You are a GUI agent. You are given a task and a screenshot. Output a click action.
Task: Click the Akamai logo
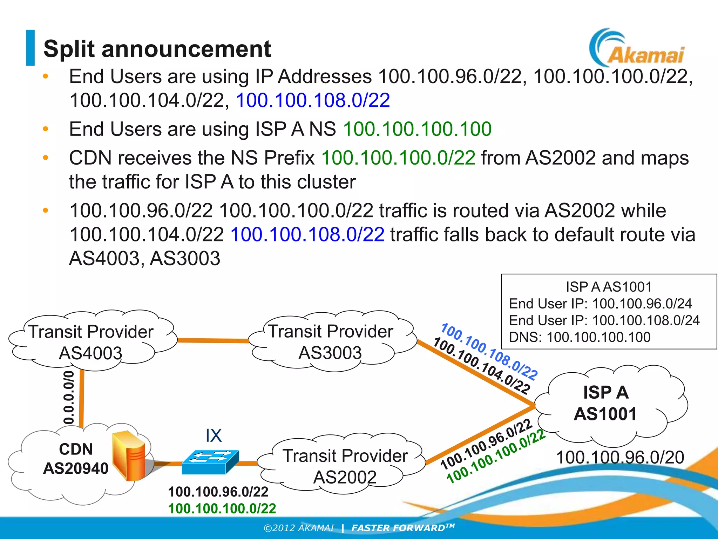637,49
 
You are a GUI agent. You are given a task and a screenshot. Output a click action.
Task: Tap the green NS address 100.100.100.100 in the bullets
417,129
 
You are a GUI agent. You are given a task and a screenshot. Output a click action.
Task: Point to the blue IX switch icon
210,462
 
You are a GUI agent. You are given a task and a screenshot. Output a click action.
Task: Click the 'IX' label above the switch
214,435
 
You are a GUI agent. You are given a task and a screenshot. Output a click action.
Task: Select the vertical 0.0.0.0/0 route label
69,397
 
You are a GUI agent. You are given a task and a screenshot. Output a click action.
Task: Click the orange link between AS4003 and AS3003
213,340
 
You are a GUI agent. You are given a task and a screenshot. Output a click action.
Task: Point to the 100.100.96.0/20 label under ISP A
620,457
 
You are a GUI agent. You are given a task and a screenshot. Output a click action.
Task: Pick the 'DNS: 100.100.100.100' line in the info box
580,337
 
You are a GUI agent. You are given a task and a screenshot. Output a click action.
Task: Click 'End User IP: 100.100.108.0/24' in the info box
604,320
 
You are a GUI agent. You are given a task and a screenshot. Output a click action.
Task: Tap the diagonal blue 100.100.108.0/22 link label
489,351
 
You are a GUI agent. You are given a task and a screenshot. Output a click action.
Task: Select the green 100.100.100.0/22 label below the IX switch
222,508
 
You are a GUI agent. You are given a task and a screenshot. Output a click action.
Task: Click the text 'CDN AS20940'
76,459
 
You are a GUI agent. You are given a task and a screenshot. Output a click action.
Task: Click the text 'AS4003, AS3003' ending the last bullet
144,259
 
